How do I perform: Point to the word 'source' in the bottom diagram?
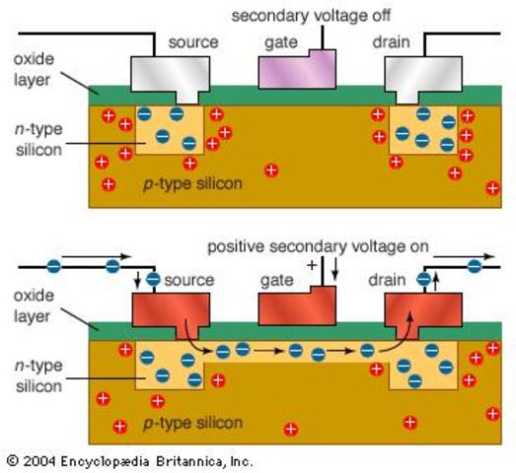[189, 281]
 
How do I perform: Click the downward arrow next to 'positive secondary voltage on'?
[334, 266]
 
